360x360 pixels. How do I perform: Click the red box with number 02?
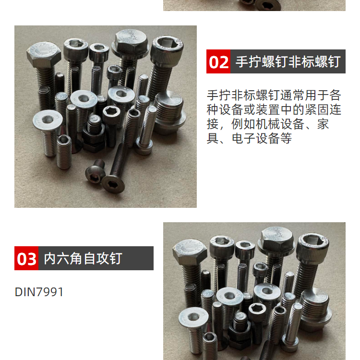[218, 61]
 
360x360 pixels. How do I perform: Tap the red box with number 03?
[26, 258]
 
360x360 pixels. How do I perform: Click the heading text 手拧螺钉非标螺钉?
[288, 61]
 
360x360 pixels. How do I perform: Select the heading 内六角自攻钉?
[83, 258]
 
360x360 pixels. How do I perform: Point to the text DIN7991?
[39, 292]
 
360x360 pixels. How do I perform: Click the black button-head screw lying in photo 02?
[95, 172]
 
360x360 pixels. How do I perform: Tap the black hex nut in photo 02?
[94, 138]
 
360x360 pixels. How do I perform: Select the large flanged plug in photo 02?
[170, 112]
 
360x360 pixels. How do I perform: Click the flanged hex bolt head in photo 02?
[131, 44]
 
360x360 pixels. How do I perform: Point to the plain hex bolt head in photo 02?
[44, 55]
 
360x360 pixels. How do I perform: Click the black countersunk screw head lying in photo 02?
[113, 184]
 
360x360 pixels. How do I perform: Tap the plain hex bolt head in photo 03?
[190, 252]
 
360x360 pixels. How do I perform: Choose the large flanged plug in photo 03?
[316, 309]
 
